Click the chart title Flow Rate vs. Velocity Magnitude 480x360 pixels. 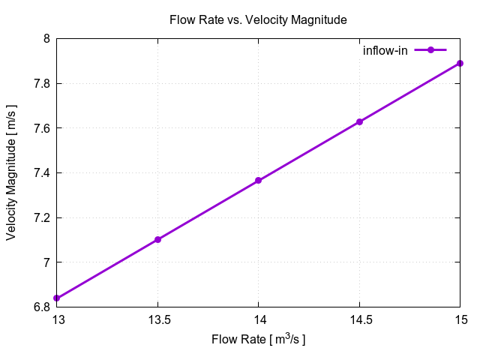[x=258, y=20]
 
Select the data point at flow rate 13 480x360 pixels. [x=57, y=298]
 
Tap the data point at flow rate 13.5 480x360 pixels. [x=157, y=240]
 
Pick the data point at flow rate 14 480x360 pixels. [x=258, y=181]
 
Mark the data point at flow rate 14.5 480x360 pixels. [x=359, y=121]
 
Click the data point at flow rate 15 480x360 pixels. [x=460, y=63]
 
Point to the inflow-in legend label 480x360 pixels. [x=385, y=50]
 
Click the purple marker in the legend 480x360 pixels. [x=430, y=50]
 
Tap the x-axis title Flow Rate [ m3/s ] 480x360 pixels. [x=258, y=340]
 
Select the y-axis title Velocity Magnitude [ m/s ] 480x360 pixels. [x=11, y=172]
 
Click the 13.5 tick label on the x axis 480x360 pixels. [x=157, y=319]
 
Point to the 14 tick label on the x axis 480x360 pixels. [x=258, y=319]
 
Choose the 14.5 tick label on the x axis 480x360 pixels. [x=359, y=319]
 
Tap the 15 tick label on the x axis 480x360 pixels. [x=460, y=319]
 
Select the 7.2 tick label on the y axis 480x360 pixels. [x=41, y=218]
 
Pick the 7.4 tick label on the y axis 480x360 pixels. [x=41, y=173]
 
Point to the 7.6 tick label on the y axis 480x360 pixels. [x=41, y=128]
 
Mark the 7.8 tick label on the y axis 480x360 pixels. [x=41, y=83]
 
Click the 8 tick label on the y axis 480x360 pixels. [x=46, y=39]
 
